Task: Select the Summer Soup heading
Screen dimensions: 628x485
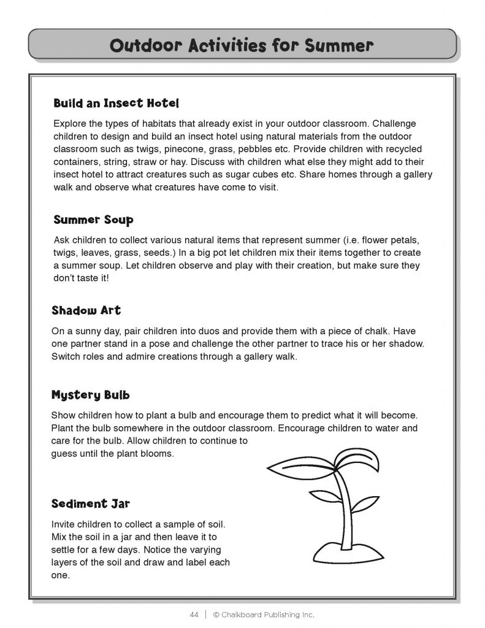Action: (93, 219)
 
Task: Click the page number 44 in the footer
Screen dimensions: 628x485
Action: (194, 615)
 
